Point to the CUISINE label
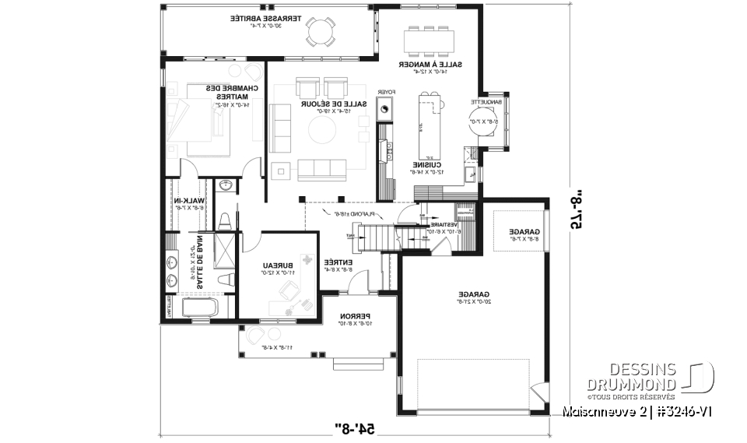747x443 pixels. [428, 164]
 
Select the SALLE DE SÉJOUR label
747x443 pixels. [324, 103]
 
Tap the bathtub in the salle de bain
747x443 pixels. [199, 308]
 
